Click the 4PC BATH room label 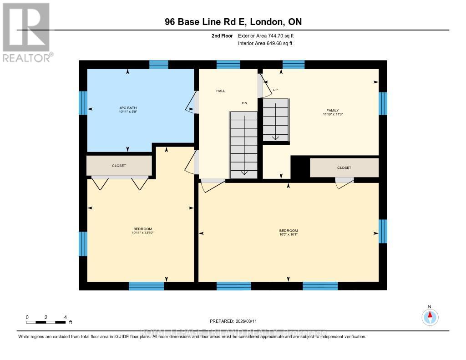tap(125, 108)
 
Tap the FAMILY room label tap(333, 111)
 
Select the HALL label tap(220, 91)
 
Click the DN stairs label tap(244, 103)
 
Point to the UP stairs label tap(275, 90)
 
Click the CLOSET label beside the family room tap(344, 167)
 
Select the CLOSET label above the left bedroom tap(119, 166)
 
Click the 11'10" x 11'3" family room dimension tap(333, 115)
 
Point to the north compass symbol tap(429, 316)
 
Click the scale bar tap(46, 322)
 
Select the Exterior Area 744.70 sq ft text tap(269, 35)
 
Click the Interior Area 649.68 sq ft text tap(265, 44)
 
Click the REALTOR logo tap(26, 32)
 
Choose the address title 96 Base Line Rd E tap(233, 22)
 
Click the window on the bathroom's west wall tap(83, 103)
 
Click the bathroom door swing tap(191, 102)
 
